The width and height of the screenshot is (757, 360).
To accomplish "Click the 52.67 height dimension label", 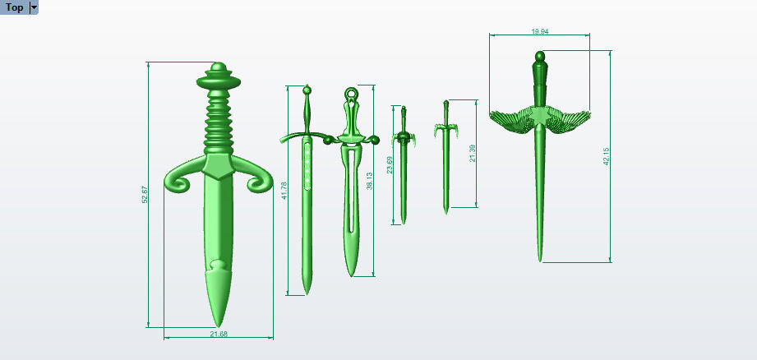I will [x=145, y=195].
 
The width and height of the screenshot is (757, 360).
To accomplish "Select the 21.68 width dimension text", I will [x=219, y=334].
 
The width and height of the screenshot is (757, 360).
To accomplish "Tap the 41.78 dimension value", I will [x=284, y=192].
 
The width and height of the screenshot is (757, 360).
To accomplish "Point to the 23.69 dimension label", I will [x=390, y=166].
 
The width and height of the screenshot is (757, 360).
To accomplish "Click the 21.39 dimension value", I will [x=472, y=154].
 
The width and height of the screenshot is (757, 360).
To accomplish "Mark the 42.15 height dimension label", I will [x=606, y=156].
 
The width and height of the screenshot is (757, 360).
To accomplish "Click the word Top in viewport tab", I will [x=14, y=7].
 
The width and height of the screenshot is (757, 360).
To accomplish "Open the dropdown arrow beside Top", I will [x=34, y=7].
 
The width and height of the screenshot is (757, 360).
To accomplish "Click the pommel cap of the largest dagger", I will [x=218, y=67].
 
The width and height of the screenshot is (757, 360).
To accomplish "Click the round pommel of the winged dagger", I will [x=539, y=58].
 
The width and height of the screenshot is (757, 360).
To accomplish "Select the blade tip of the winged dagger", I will [x=540, y=258].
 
